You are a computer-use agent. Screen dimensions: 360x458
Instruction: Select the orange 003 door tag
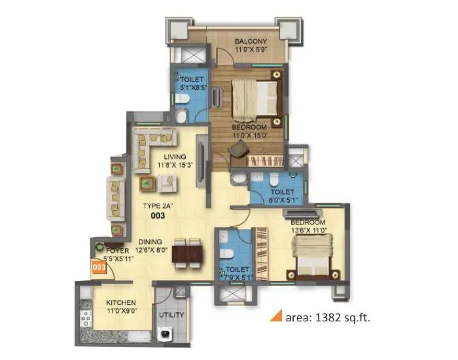[x=98, y=267]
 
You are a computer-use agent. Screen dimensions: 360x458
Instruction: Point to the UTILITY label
[x=171, y=315]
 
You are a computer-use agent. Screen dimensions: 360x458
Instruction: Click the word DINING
[x=145, y=240]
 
